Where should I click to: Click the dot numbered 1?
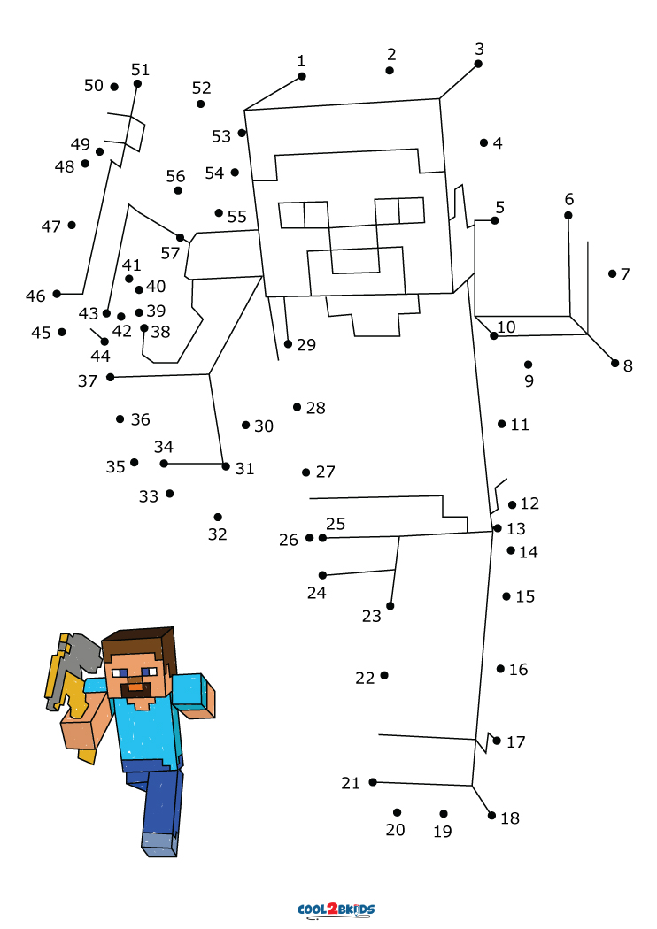[302, 76]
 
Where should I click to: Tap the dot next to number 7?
[612, 273]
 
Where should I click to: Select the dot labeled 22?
[384, 675]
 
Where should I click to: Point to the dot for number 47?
[72, 225]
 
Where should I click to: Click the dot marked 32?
[218, 518]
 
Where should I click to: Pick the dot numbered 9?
[528, 365]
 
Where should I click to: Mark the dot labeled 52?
[200, 104]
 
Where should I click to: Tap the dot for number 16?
[500, 669]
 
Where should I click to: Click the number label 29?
[306, 345]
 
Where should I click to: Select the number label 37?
[87, 381]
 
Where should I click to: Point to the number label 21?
[351, 783]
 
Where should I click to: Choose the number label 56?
[175, 176]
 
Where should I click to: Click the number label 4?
[498, 143]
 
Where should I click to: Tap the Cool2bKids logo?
[336, 910]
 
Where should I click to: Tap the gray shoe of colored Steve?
[158, 844]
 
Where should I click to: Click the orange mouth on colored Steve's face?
[135, 687]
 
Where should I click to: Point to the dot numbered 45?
[62, 332]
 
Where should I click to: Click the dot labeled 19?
[444, 813]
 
